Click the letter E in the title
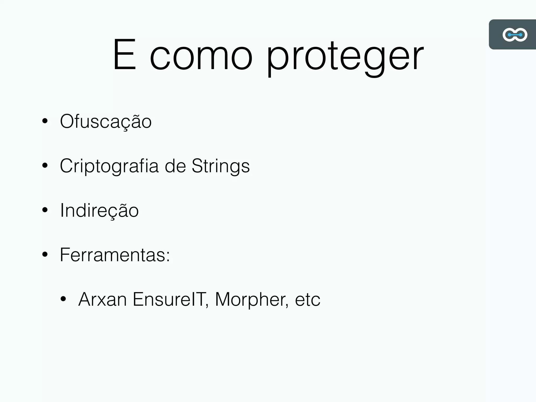125,55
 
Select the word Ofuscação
106,122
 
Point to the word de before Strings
175,166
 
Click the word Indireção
99,211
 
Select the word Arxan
102,299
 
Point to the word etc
308,300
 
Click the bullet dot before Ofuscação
45,121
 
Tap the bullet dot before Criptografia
45,165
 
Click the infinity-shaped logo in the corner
515,35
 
